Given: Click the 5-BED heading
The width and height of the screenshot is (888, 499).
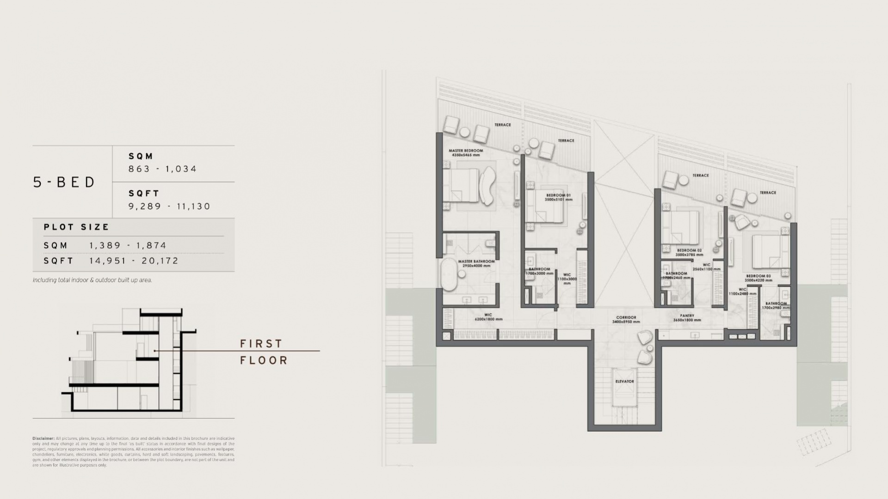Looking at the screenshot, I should pos(64,182).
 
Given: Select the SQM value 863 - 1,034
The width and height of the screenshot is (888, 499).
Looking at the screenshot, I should pos(163,169).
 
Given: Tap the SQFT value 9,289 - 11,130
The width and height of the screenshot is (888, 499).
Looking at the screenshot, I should pos(169,207).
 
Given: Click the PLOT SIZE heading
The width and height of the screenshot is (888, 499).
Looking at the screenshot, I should pos(76,227).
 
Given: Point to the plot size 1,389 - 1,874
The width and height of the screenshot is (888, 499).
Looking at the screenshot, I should pos(128,245).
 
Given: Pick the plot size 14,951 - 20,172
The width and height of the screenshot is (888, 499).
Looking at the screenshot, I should pos(134,261).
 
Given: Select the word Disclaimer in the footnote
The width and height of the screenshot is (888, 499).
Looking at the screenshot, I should pos(43,438).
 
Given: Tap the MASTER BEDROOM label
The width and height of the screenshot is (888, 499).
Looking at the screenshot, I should pos(466,151).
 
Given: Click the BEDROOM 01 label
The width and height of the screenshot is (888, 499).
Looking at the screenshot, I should pos(557,195).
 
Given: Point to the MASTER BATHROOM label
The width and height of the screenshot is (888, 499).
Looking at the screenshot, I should pos(476,262).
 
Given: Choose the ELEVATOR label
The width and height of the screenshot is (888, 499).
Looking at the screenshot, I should pos(624,382).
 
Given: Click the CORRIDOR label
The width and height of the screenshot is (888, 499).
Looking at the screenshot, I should pos(626,318).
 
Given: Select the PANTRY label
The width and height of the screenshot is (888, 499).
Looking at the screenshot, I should pos(687,316).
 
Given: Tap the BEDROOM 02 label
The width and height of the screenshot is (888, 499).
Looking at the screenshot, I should pos(689,251).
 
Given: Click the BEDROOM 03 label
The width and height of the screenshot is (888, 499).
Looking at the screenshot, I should pos(758,276).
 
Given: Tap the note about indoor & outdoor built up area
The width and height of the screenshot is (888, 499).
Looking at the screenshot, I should pos(92,280).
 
